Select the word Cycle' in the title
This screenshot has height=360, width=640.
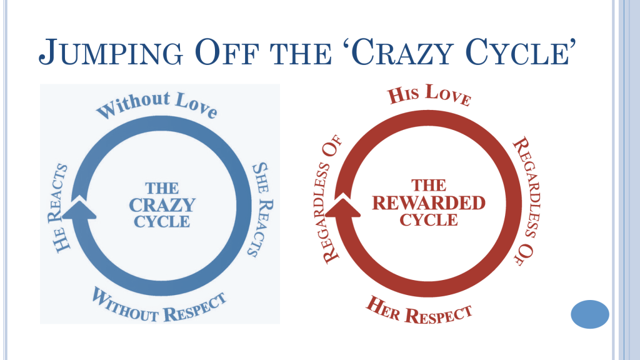coord(521,52)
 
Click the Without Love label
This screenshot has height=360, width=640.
coord(157,105)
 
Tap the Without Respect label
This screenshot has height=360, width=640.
coord(159,306)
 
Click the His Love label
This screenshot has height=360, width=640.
coord(429,95)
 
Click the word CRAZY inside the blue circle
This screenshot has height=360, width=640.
coord(162,205)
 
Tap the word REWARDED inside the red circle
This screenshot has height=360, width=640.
coord(429,203)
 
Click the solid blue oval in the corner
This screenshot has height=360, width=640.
coord(590,314)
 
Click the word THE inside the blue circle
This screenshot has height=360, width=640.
coord(162,188)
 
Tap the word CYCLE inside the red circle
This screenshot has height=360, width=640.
coord(429,220)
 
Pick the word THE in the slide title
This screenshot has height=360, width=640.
coord(301,54)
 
